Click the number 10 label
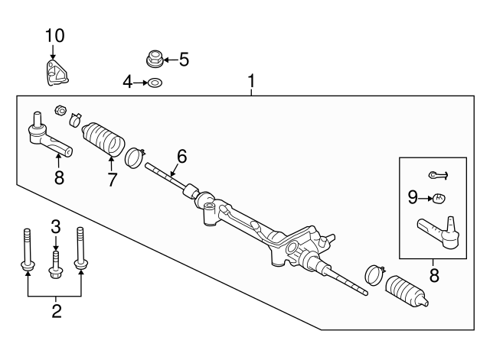click(54, 34)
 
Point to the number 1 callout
click(250, 80)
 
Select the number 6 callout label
click(181, 157)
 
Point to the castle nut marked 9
click(439, 199)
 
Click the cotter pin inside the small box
click(438, 175)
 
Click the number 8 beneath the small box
click(434, 276)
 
